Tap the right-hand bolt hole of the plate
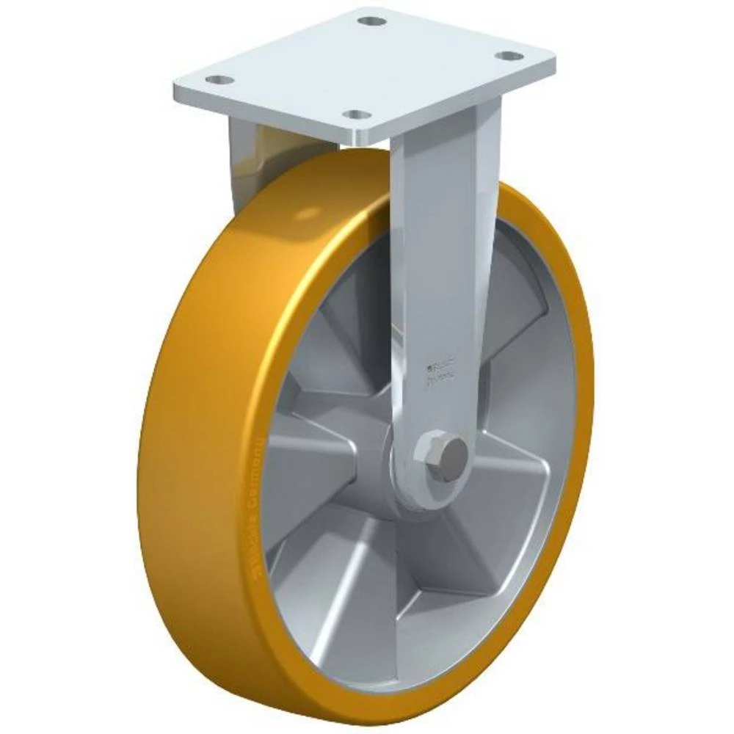(509, 56)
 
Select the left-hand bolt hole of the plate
(219, 79)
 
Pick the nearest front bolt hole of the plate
(357, 115)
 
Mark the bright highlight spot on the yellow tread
(308, 213)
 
